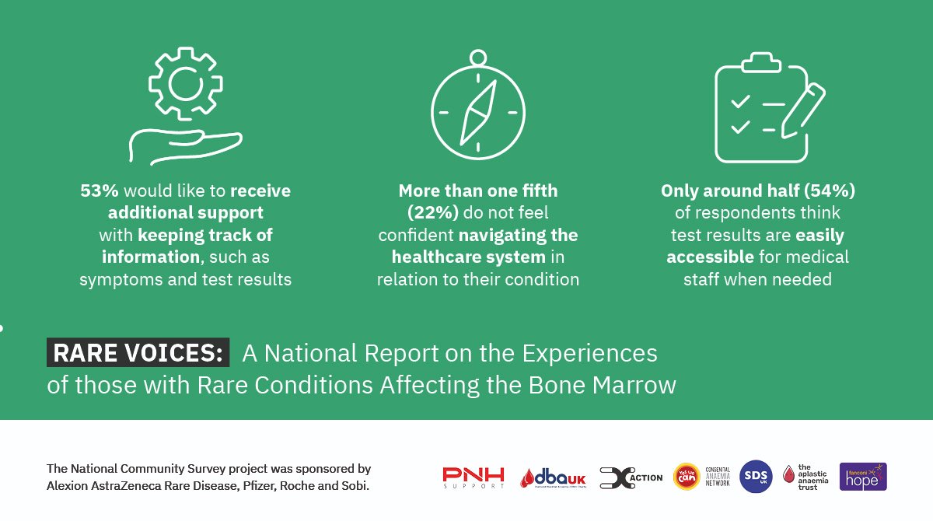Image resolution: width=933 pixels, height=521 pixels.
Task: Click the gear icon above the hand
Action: click(x=185, y=83)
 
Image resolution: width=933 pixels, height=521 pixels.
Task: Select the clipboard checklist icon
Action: click(x=753, y=109)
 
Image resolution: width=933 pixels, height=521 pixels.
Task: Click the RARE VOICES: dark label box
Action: click(x=138, y=353)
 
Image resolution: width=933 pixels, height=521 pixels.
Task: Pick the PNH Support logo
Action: click(x=473, y=477)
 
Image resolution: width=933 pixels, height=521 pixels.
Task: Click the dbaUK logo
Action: click(x=554, y=477)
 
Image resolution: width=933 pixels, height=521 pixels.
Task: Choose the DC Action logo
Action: click(x=631, y=477)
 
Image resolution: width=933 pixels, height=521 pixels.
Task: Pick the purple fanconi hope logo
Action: click(x=863, y=477)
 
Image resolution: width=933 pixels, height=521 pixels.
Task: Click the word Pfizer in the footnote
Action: click(x=249, y=487)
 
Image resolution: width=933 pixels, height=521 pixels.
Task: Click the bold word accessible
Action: click(x=709, y=257)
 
